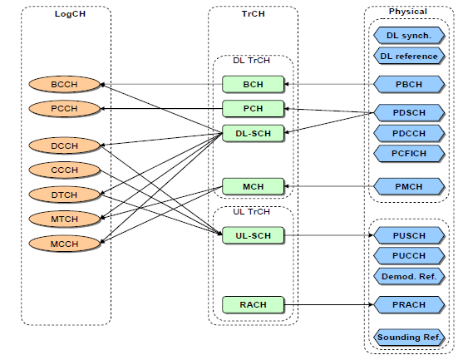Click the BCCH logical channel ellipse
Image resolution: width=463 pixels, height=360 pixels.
64,84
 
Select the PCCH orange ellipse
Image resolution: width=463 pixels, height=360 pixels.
64,108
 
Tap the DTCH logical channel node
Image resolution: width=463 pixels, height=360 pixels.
64,195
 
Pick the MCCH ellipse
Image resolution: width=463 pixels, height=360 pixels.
64,244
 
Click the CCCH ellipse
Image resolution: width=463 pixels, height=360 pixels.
64,170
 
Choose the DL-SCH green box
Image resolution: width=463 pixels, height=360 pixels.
253,133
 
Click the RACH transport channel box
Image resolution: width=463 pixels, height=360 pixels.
253,304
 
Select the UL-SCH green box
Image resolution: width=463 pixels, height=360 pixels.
253,235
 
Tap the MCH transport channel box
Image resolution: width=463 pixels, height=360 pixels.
253,186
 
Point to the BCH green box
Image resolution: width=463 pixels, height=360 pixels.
253,84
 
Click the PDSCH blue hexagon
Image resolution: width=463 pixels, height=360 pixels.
409,112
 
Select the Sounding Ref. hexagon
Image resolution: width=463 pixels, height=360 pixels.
409,337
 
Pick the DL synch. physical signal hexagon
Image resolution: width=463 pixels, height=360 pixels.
409,36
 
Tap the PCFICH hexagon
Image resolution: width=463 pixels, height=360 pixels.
409,153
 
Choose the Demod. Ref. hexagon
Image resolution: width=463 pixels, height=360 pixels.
409,276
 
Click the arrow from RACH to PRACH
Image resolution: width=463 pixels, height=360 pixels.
328,304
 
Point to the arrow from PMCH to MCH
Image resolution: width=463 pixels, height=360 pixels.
328,186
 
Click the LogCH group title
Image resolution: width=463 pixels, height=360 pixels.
70,14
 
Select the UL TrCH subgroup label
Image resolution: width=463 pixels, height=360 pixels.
251,212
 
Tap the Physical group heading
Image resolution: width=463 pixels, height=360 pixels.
408,12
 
